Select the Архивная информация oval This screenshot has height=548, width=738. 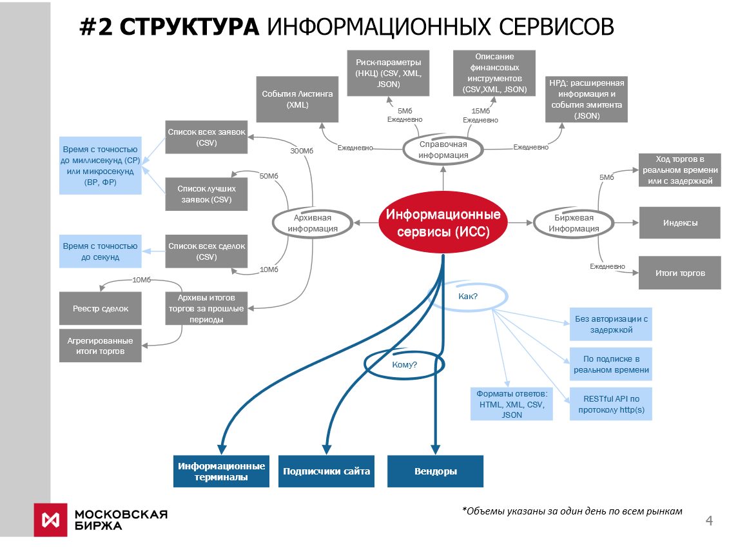313,222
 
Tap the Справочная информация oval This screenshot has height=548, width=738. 443,150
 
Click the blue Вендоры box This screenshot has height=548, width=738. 435,471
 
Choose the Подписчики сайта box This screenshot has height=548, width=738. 326,471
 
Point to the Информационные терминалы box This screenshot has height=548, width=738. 221,471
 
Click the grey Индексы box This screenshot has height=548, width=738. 679,222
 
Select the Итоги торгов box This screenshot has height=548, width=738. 679,273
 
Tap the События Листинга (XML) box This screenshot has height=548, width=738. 297,99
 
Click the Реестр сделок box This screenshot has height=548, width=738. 100,308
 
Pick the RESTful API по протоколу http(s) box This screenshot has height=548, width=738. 610,404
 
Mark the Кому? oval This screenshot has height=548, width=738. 404,364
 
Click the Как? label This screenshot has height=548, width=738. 467,297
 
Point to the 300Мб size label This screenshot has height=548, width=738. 302,151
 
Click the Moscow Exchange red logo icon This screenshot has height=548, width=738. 51,519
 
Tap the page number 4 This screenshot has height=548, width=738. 710,521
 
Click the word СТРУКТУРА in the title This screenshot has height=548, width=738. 189,27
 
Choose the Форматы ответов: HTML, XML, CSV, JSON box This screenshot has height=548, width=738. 511,404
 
